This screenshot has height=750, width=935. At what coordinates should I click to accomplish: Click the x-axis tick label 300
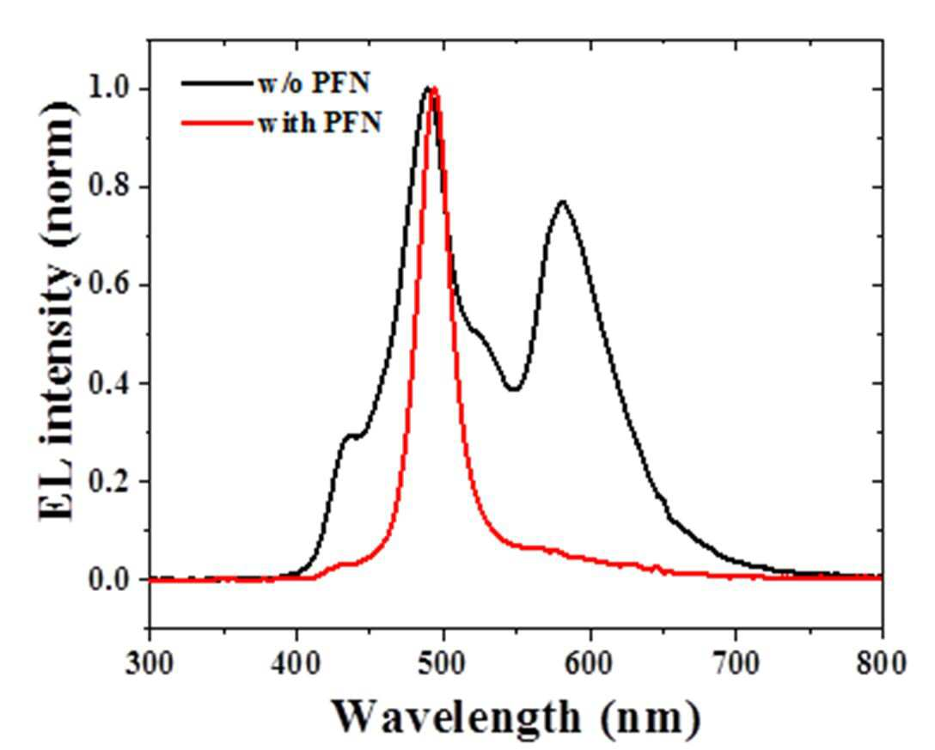click(150, 663)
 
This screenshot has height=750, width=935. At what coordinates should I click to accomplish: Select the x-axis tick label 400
click(296, 663)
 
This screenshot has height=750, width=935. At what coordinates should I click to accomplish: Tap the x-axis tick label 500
click(443, 663)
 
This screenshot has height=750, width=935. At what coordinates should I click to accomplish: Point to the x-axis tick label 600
click(590, 663)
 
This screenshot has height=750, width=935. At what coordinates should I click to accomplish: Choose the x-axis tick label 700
click(736, 663)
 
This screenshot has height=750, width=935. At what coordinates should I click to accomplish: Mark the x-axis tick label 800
click(882, 663)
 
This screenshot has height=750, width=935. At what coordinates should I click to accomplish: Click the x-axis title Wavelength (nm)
click(516, 717)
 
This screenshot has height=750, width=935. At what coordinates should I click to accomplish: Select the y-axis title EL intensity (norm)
click(58, 311)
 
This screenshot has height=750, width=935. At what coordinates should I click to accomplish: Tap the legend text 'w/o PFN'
click(315, 82)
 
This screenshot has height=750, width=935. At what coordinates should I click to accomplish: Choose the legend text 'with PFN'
click(320, 123)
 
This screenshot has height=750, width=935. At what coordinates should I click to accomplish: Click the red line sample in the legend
click(217, 124)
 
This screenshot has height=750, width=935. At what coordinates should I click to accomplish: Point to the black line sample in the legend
click(217, 83)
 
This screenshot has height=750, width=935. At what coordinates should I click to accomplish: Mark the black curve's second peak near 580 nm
click(562, 202)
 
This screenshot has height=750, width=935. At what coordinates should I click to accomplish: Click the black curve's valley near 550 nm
click(514, 389)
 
